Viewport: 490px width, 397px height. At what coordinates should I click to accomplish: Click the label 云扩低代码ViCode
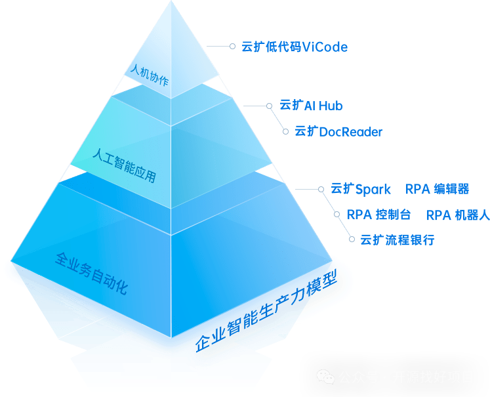point(294,47)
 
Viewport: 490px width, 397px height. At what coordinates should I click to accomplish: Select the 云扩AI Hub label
point(311,106)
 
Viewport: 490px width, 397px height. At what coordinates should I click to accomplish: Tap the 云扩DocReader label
point(338,132)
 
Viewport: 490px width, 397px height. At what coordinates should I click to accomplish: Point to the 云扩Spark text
point(360,190)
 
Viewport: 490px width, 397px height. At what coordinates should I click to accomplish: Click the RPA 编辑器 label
point(437,190)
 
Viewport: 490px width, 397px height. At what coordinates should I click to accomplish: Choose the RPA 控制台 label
point(378,215)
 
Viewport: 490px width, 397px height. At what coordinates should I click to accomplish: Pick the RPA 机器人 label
point(457,215)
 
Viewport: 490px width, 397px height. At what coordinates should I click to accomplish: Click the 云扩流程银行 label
point(397,240)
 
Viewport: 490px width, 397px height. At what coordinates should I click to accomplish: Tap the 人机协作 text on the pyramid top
point(150,75)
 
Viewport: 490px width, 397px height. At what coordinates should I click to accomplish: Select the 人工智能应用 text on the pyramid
point(124,166)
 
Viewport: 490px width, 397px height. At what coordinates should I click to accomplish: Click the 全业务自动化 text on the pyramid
point(91,273)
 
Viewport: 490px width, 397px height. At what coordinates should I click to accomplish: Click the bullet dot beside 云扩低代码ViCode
point(232,47)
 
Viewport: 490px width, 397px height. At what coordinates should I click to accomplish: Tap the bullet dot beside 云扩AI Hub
point(269,105)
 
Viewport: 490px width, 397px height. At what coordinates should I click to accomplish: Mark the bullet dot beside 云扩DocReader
point(285,131)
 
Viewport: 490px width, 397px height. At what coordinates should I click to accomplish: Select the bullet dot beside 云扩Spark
point(321,189)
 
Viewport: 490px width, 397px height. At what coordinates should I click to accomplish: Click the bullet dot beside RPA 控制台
point(337,215)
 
